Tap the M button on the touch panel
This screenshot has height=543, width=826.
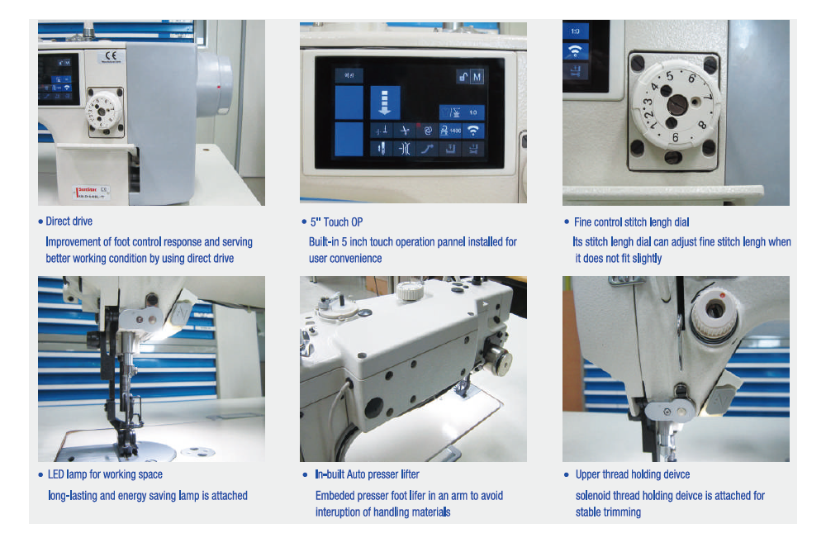click(477, 77)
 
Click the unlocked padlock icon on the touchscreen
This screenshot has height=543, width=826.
click(463, 78)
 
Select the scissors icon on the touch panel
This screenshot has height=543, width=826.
click(405, 131)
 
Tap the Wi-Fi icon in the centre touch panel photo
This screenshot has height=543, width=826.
click(473, 131)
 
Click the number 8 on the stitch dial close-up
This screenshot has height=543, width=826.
click(701, 126)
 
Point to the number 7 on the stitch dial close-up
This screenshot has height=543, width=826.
click(709, 98)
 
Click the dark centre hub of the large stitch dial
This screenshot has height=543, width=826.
click(677, 105)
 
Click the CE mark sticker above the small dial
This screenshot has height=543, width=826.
click(112, 56)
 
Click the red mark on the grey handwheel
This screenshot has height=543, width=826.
click(219, 87)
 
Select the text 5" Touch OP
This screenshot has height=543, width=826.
click(336, 222)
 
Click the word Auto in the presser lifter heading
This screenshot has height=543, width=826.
click(356, 474)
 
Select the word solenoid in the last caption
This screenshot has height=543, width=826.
click(594, 496)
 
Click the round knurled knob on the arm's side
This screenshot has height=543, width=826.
click(498, 362)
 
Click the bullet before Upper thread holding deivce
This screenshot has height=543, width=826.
click(567, 475)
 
